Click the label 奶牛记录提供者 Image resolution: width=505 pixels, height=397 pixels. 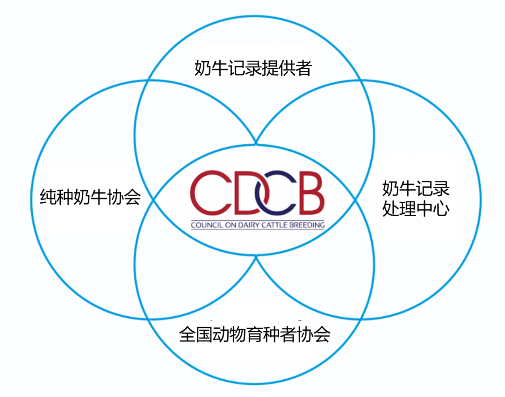coord(253,69)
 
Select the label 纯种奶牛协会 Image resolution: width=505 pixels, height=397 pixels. coord(91,197)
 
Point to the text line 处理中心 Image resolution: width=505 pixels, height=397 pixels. coord(416,209)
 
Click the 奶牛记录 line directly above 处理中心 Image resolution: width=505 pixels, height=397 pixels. coord(416,189)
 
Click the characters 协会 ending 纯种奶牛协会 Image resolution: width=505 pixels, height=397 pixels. coord(124,197)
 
